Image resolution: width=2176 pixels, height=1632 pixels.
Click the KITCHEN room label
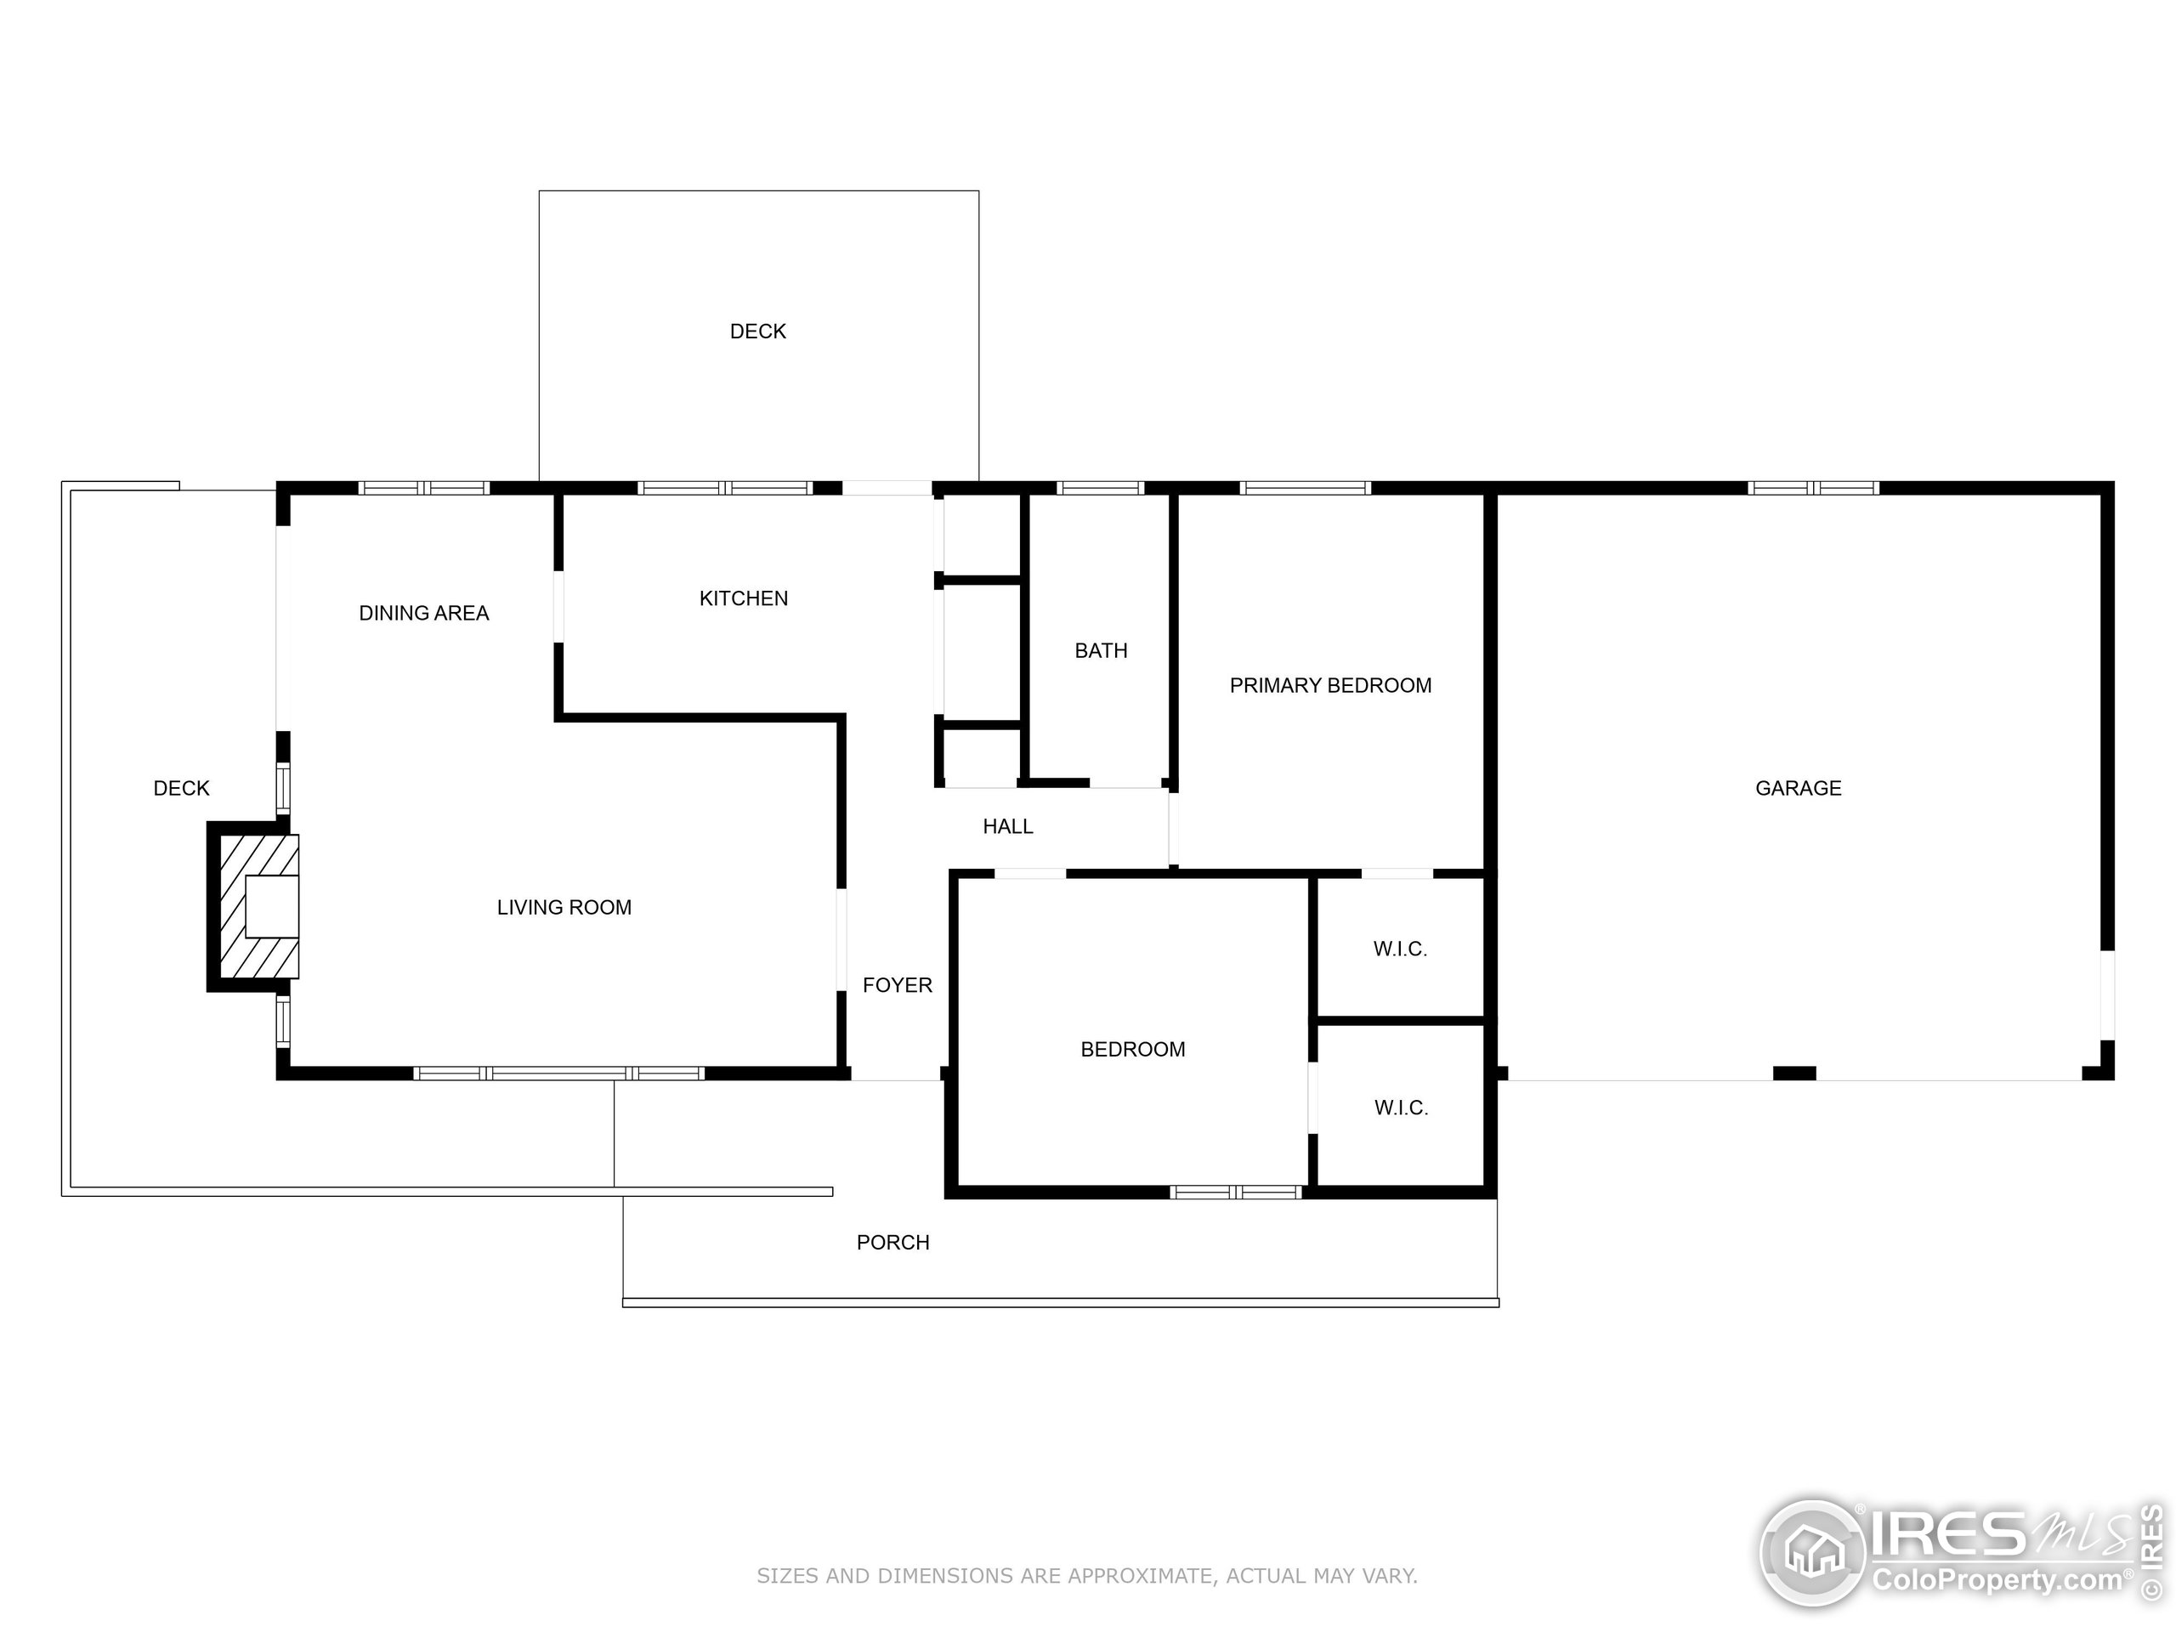click(743, 598)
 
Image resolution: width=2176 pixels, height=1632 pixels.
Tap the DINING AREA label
click(423, 613)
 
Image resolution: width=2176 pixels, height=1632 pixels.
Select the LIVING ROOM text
click(564, 907)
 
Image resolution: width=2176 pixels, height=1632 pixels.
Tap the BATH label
click(1100, 650)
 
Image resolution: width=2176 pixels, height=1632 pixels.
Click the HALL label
click(1007, 826)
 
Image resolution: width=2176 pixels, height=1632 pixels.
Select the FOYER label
click(896, 984)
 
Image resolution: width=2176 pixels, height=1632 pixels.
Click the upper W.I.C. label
click(1400, 949)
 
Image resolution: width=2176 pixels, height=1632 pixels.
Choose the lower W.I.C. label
click(1400, 1108)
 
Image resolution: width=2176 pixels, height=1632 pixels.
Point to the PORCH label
click(892, 1243)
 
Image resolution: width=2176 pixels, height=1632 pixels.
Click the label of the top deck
click(757, 331)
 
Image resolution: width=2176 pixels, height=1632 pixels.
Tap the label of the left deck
click(181, 788)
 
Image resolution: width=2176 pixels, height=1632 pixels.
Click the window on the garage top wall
click(1812, 488)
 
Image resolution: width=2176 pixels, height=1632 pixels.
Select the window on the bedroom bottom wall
click(1236, 1193)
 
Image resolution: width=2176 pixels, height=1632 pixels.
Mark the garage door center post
click(1793, 1074)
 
